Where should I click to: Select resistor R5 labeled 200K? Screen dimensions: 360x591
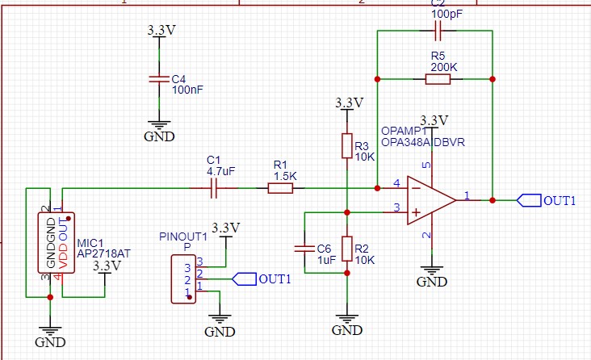(x=438, y=79)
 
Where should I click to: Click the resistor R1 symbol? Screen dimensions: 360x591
(x=280, y=189)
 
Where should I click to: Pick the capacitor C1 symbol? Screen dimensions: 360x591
(x=214, y=189)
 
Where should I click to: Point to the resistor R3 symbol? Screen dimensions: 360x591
(x=346, y=146)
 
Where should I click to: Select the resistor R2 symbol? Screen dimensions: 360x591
(x=346, y=249)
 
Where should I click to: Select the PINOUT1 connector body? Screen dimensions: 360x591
(x=184, y=278)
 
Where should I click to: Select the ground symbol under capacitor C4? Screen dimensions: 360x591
(x=159, y=130)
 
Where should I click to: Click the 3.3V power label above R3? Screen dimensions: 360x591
(x=349, y=103)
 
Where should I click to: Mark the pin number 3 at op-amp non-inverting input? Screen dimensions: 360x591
(x=396, y=207)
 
